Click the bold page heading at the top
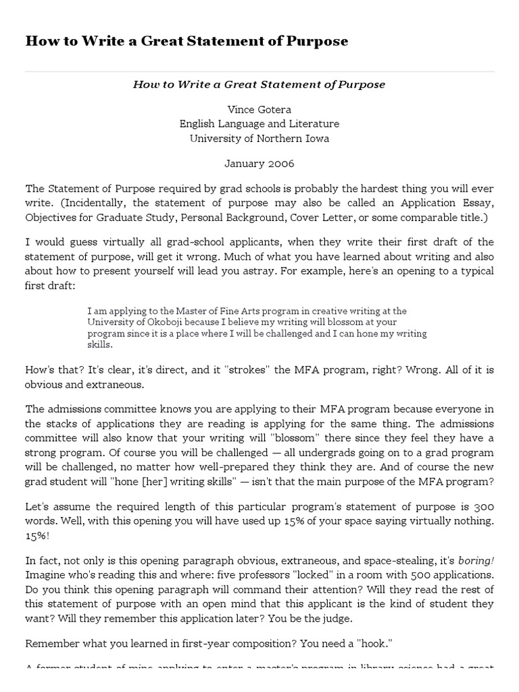pos(187,41)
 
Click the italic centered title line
pos(259,84)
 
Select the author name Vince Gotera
pos(259,109)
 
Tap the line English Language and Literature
pos(259,124)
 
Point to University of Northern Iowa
pos(259,139)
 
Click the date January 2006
pos(259,164)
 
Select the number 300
pos(483,506)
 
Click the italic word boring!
pos(476,560)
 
